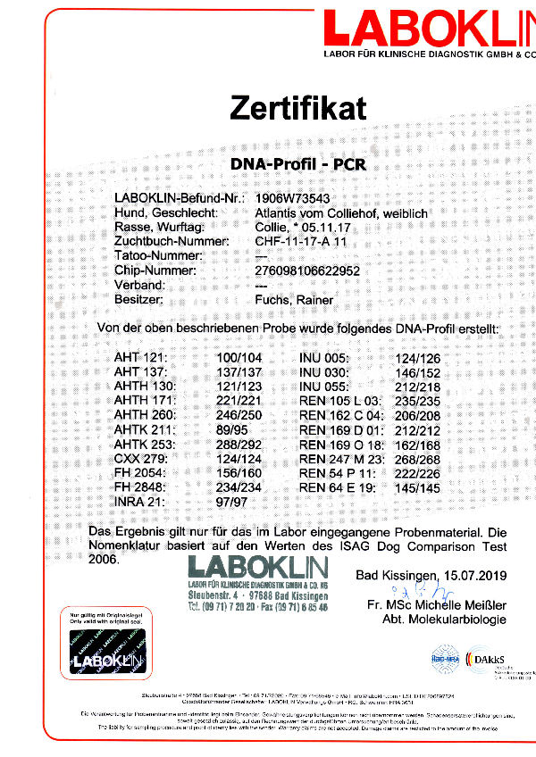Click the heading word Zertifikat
pos(298,109)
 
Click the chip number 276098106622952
pos(308,270)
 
